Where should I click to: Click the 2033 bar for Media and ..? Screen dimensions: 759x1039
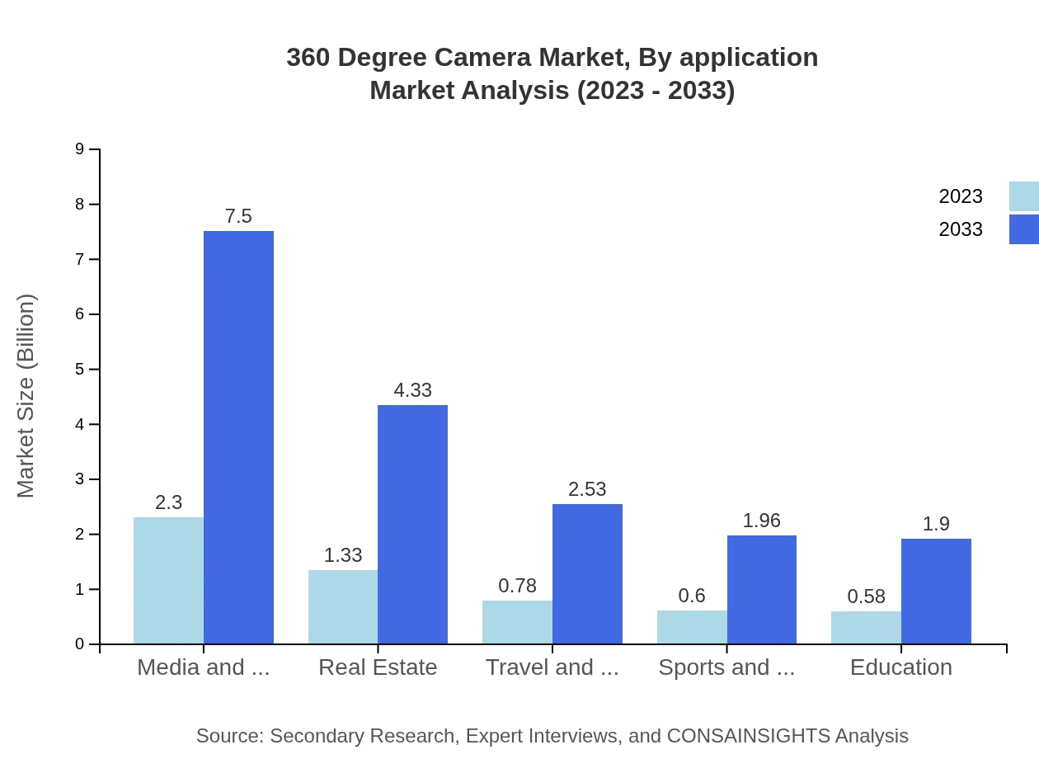click(238, 437)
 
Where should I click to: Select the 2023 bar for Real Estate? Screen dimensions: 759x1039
click(343, 606)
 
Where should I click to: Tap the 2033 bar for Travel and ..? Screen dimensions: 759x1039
click(587, 573)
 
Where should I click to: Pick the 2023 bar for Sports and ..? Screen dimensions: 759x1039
click(692, 627)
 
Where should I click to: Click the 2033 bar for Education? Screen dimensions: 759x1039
click(936, 591)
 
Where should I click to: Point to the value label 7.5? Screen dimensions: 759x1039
click(238, 216)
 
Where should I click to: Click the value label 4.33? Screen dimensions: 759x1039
click(412, 390)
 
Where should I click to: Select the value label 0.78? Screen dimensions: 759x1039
click(517, 586)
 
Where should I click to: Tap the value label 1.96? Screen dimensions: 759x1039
click(761, 521)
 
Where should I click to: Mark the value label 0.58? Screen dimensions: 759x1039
click(866, 596)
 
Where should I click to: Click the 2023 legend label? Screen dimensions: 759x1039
click(961, 196)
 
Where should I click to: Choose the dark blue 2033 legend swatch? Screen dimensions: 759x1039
click(1023, 229)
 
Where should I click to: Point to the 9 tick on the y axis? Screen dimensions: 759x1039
click(80, 149)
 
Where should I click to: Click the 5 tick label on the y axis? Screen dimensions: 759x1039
click(80, 370)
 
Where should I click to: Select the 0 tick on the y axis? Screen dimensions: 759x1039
click(80, 644)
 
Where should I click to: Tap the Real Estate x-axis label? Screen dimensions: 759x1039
click(378, 667)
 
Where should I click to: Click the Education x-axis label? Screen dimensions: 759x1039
click(900, 667)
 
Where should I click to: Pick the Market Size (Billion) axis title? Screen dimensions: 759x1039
click(26, 396)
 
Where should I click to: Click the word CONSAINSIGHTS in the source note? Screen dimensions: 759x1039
click(748, 736)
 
